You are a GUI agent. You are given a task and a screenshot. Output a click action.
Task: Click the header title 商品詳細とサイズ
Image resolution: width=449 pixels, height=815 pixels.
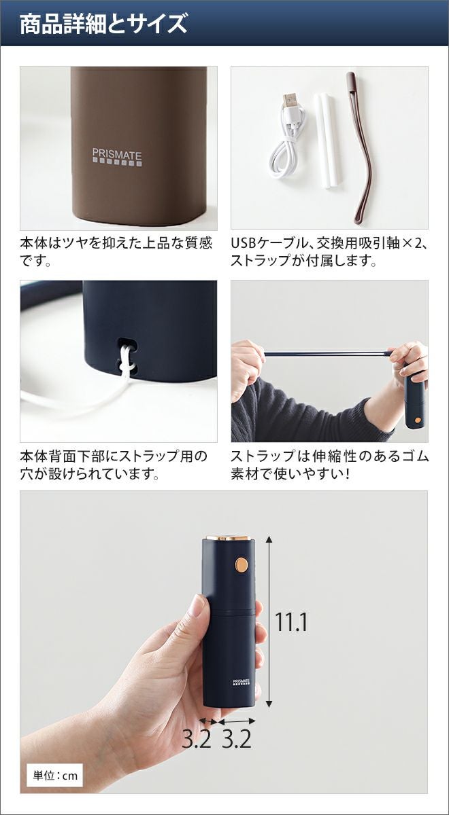pos(103,24)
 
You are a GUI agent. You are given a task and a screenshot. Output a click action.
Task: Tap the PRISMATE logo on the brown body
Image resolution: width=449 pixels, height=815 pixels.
pos(117,158)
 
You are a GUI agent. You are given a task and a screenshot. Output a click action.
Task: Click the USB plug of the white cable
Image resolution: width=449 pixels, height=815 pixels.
pos(290,101)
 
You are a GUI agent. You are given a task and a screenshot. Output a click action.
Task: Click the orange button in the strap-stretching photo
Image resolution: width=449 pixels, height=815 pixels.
pos(418,420)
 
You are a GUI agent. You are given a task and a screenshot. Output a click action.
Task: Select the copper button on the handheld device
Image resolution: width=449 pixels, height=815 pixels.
pos(241,564)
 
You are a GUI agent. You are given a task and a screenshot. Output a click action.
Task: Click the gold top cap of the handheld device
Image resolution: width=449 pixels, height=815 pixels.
pos(229,537)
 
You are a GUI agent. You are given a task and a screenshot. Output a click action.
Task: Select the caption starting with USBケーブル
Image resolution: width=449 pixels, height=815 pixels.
pos(329,252)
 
